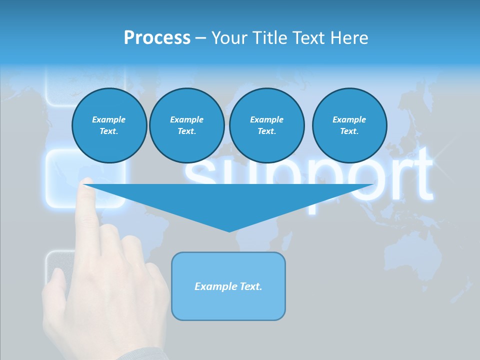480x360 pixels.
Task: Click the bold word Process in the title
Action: pos(157,38)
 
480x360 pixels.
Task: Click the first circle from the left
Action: pos(109,125)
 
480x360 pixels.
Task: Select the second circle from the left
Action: pos(187,125)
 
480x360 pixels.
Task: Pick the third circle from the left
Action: pos(266,125)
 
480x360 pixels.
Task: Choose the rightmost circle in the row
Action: pos(349,125)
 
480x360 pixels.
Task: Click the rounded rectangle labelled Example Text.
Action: pos(228,286)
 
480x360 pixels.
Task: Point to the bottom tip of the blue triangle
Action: pos(229,230)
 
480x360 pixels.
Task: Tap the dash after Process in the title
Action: pos(200,38)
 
